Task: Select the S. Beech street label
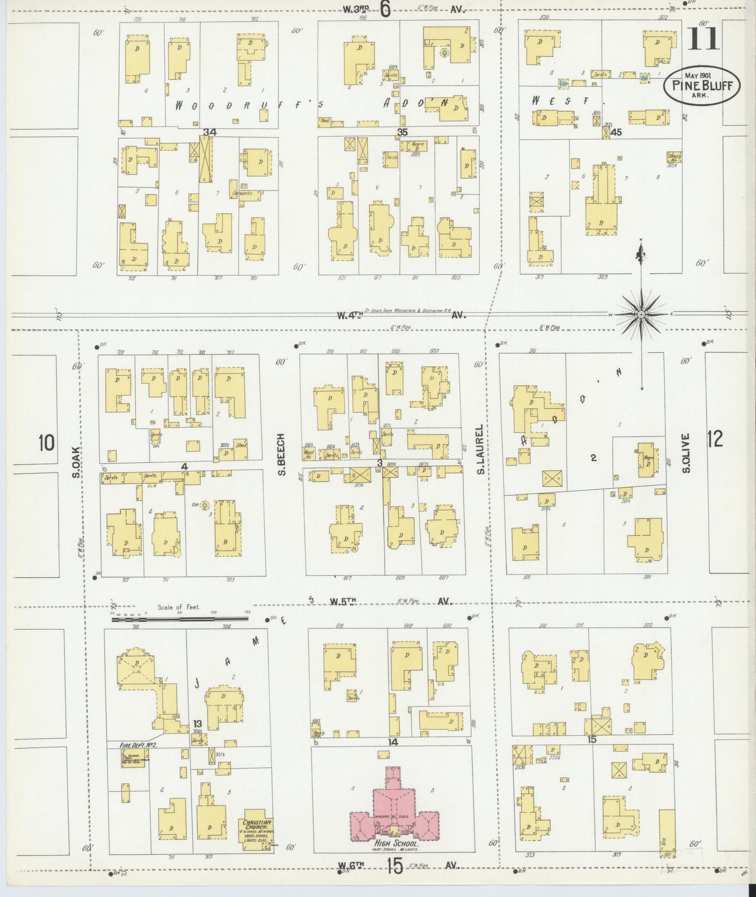[x=281, y=455]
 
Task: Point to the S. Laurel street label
[x=479, y=457]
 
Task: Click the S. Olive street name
[x=686, y=453]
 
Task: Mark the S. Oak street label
[x=76, y=462]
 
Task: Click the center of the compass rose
[x=641, y=314]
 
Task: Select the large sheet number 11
[x=702, y=39]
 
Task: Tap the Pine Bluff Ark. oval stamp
[x=702, y=84]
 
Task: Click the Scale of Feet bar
[x=180, y=619]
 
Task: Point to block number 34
[x=210, y=132]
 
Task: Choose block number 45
[x=616, y=132]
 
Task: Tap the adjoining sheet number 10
[x=46, y=443]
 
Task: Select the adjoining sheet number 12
[x=714, y=439]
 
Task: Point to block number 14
[x=392, y=742]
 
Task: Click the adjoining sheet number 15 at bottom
[x=395, y=867]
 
